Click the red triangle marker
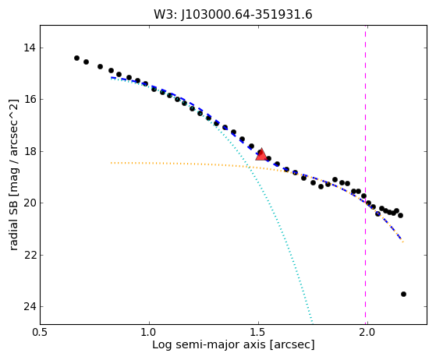click(x=261, y=155)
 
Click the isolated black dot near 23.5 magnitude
click(x=403, y=295)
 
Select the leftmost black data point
click(x=76, y=58)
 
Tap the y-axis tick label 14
click(x=30, y=48)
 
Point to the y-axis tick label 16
click(x=30, y=99)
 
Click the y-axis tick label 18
click(x=30, y=151)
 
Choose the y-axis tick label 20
click(x=30, y=203)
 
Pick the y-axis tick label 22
click(x=30, y=255)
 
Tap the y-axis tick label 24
click(x=30, y=307)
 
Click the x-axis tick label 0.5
click(x=40, y=333)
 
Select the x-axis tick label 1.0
click(x=149, y=333)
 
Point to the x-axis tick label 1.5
click(x=259, y=333)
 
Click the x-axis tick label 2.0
click(x=367, y=333)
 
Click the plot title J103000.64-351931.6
click(x=246, y=15)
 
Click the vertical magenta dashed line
click(x=365, y=175)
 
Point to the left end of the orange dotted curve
click(x=111, y=163)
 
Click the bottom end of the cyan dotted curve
click(x=313, y=323)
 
